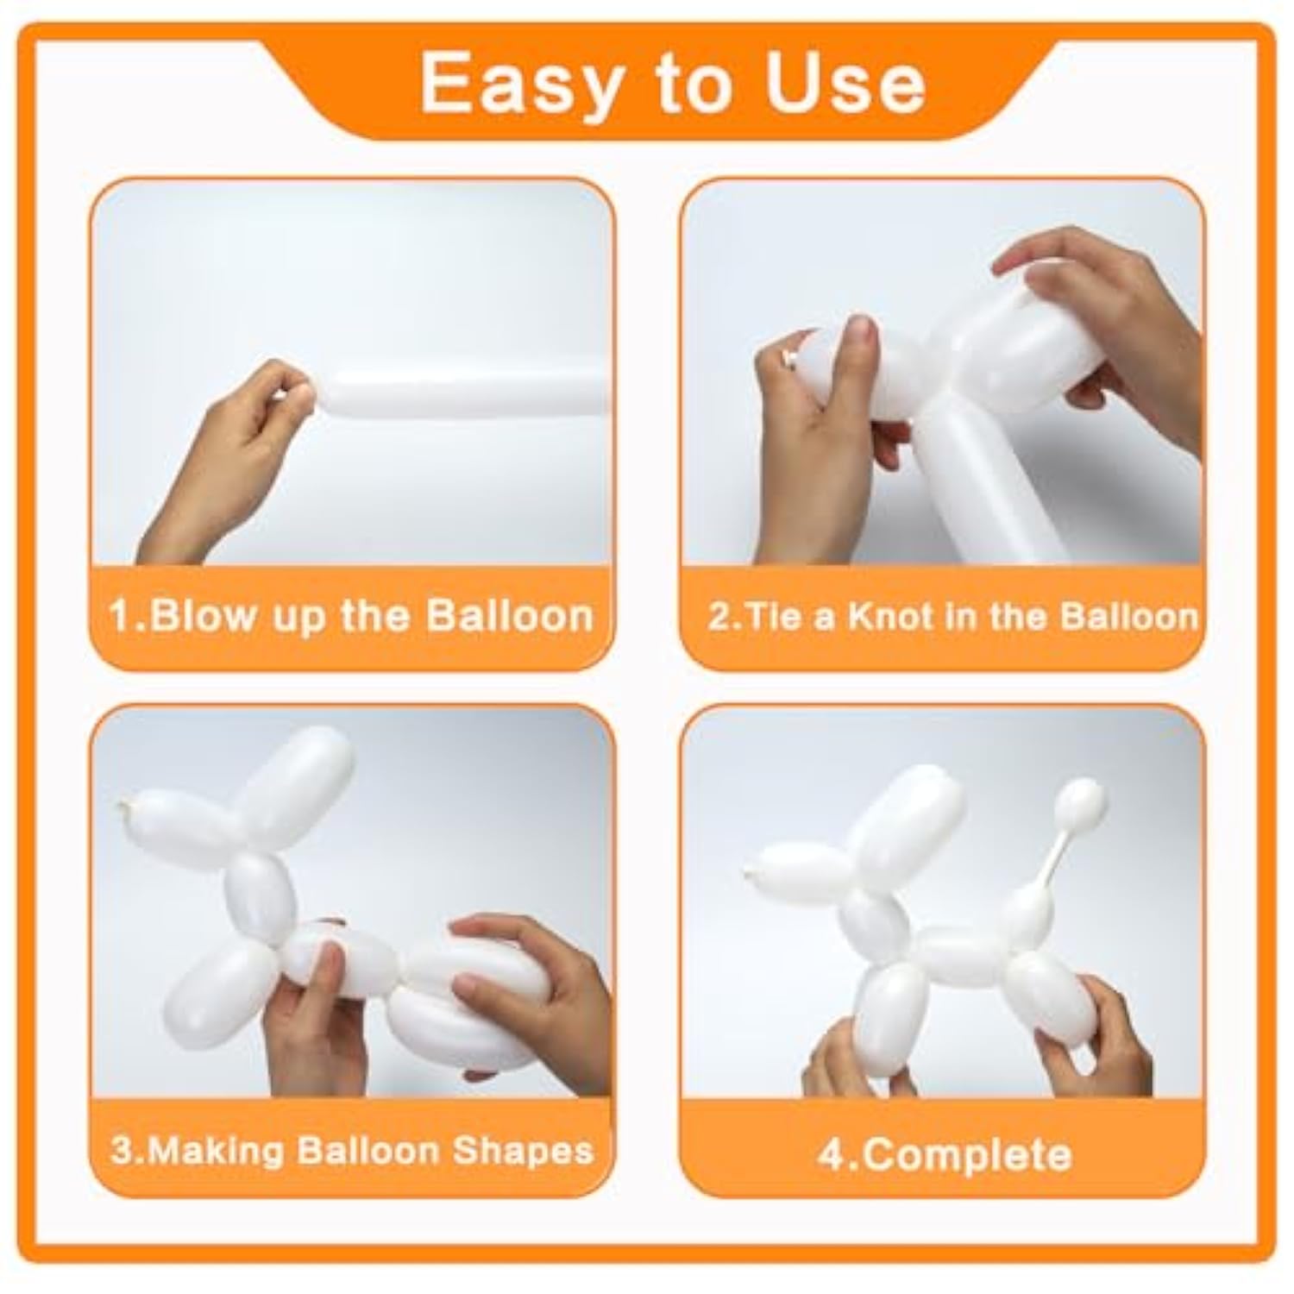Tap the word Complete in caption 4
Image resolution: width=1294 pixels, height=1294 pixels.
(x=967, y=1154)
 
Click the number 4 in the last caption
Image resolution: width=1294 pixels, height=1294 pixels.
(x=831, y=1154)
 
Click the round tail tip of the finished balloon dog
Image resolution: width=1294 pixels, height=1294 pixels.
(x=1084, y=802)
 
